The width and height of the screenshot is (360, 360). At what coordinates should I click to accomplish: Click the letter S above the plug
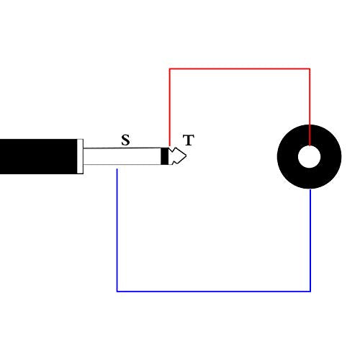pyautogui.click(x=125, y=140)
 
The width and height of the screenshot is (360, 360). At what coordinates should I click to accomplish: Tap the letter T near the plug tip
pyautogui.click(x=189, y=140)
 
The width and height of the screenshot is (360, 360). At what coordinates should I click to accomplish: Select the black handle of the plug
pyautogui.click(x=38, y=156)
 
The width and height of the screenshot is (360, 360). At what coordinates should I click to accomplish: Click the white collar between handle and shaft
pyautogui.click(x=80, y=156)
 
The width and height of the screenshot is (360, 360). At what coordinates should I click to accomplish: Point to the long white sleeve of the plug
pyautogui.click(x=122, y=156)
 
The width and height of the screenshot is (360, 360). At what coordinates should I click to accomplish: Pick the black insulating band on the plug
pyautogui.click(x=164, y=156)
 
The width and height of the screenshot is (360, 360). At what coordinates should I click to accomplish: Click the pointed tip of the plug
pyautogui.click(x=186, y=156)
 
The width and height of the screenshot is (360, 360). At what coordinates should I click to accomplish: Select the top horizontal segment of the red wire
pyautogui.click(x=240, y=69)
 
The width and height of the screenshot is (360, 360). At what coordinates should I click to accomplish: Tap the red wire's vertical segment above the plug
pyautogui.click(x=170, y=107)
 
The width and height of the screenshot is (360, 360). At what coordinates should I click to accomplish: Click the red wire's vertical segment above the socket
pyautogui.click(x=310, y=107)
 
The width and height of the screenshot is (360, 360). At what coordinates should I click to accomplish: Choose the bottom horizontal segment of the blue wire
pyautogui.click(x=214, y=292)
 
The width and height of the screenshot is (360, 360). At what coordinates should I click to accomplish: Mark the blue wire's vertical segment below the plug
pyautogui.click(x=117, y=230)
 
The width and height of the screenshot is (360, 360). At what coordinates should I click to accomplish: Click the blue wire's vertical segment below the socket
pyautogui.click(x=310, y=240)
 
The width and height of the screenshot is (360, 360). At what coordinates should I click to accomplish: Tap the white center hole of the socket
pyautogui.click(x=309, y=156)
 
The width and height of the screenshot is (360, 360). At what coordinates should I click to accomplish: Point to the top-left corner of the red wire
pyautogui.click(x=170, y=69)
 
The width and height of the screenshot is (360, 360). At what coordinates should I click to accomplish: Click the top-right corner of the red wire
pyautogui.click(x=310, y=69)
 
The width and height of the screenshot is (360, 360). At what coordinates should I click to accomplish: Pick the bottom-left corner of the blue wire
pyautogui.click(x=117, y=292)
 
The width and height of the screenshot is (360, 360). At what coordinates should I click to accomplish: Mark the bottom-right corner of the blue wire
pyautogui.click(x=310, y=292)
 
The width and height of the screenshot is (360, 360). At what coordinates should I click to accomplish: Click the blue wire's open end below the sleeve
pyautogui.click(x=117, y=169)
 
